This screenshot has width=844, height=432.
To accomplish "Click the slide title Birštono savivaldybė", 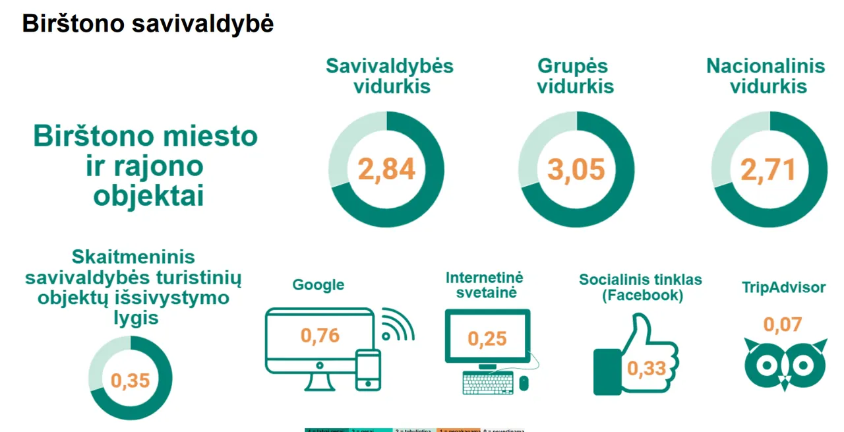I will click(148, 24).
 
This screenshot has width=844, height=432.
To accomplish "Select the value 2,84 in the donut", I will click(386, 170).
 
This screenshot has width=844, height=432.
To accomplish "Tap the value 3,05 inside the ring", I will click(576, 170).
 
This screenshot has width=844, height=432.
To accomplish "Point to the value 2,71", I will click(768, 170).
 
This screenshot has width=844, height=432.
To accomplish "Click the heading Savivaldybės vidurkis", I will click(390, 76).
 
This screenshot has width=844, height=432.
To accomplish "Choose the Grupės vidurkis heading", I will click(575, 76).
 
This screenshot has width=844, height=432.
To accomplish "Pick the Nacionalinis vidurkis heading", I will click(766, 76).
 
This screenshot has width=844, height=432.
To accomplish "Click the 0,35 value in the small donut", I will click(130, 381).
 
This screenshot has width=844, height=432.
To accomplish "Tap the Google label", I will click(318, 285).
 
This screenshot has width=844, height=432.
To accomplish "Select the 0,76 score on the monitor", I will click(320, 335).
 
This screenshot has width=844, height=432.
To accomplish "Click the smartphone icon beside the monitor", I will click(368, 370).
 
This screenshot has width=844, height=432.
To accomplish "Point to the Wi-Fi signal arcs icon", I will click(397, 324).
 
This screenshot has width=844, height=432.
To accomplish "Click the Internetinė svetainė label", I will click(484, 285).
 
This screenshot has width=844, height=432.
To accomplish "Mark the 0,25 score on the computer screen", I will click(487, 338).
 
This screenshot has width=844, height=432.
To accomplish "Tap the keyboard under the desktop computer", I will click(488, 383).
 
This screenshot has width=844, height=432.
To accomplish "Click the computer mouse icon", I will click(524, 383).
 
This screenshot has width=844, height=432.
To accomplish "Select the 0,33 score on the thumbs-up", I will click(646, 368).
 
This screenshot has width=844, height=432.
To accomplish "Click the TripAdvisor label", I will click(783, 288).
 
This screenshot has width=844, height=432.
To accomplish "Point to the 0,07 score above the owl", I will click(783, 324).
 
